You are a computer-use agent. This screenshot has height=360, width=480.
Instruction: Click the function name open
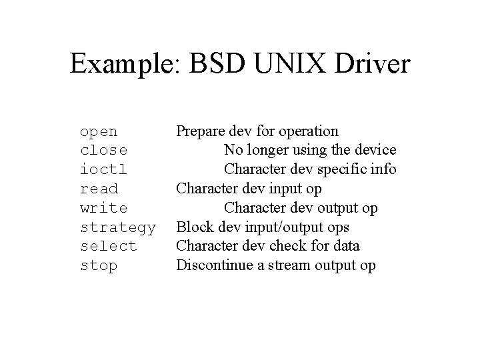[x=99, y=131]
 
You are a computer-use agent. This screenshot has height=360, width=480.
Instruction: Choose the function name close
[x=103, y=151]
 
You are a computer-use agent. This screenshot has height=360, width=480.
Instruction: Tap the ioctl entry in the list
[x=103, y=169]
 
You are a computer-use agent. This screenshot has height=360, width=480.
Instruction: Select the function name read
[x=99, y=189]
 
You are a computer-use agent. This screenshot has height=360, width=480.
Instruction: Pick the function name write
[x=103, y=208]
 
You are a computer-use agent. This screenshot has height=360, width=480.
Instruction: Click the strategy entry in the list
[x=118, y=227]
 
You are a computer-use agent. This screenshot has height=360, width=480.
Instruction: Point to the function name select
[x=108, y=246]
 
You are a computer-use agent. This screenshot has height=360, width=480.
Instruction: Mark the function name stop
[x=99, y=265]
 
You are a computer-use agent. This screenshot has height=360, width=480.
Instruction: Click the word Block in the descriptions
[x=193, y=227]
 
